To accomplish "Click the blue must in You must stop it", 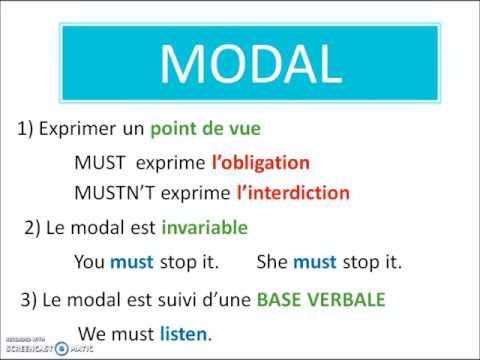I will (131, 263).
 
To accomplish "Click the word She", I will (273, 263).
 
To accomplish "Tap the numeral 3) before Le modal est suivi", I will (29, 299).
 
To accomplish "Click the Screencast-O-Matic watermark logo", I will (35, 347).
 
